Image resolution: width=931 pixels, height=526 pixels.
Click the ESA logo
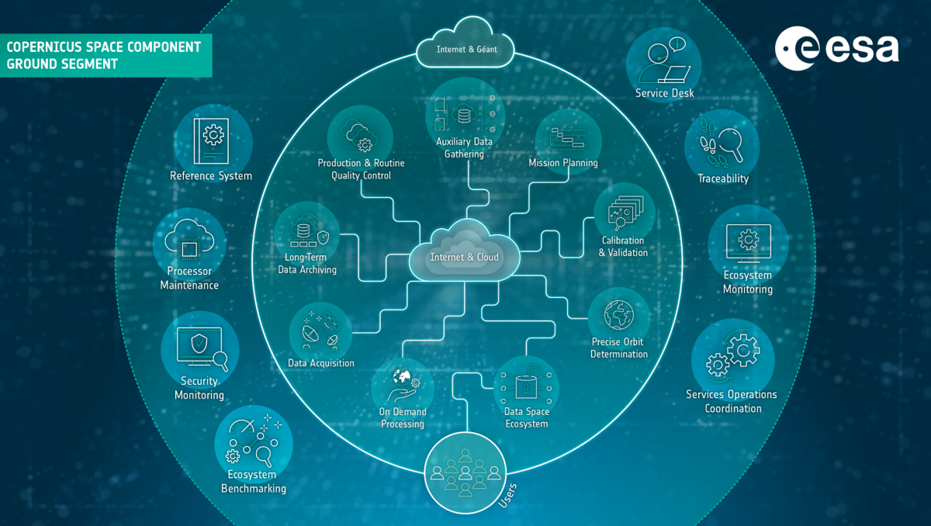pos(836,49)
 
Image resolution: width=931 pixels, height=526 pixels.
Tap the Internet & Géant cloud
pos(466,50)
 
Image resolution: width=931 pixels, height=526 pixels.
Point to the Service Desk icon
pos(664,61)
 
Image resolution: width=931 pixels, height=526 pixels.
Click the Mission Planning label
pos(563,163)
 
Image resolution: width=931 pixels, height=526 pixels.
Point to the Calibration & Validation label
pos(623,247)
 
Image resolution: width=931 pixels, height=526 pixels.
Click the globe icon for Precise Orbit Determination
pos(619,313)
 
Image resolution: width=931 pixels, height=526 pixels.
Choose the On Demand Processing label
pos(403,418)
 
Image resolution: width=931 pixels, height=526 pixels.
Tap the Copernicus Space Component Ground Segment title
pos(104,55)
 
